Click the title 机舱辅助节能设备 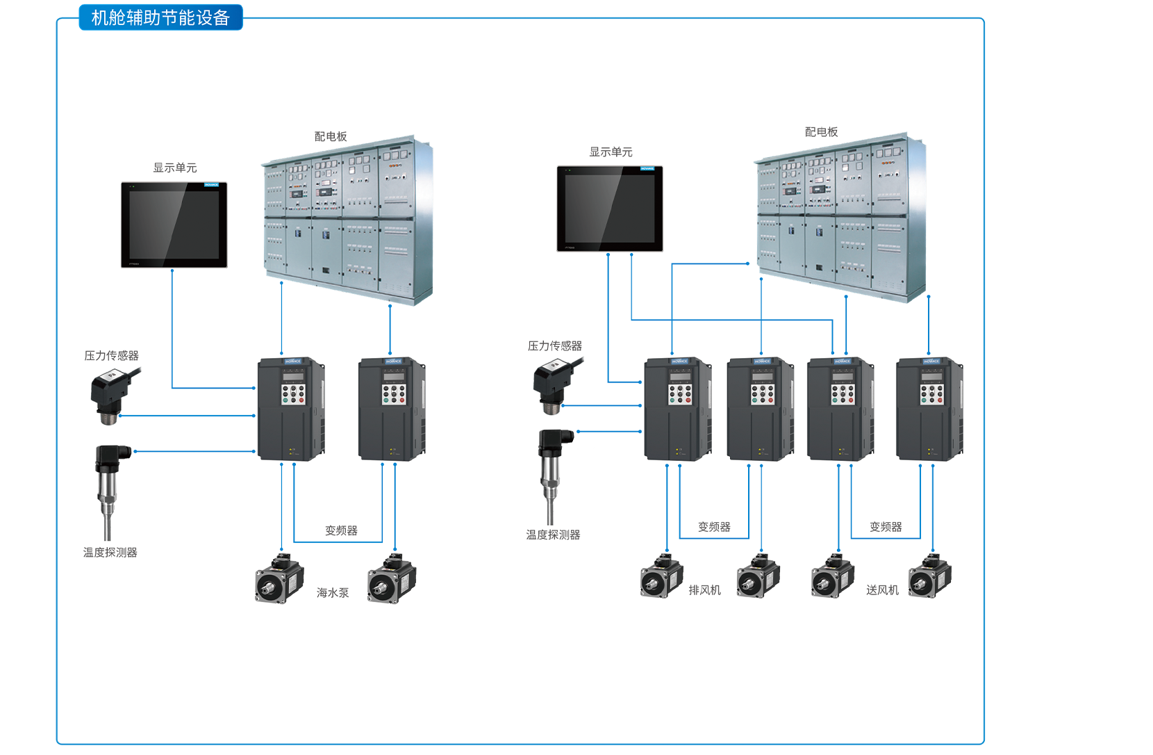tap(160, 17)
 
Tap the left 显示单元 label tap(175, 168)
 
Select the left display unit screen tap(174, 225)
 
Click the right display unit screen tap(610, 209)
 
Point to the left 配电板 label tap(331, 136)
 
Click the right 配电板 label tap(821, 131)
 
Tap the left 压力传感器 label tap(111, 355)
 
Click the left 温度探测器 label tap(110, 552)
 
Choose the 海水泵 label tap(333, 592)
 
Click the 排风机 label tap(704, 590)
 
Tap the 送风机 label tap(882, 590)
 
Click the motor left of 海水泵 tap(279, 578)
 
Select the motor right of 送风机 tap(930, 576)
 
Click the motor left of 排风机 tap(661, 576)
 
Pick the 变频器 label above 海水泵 tap(341, 530)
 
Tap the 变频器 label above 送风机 tap(886, 527)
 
